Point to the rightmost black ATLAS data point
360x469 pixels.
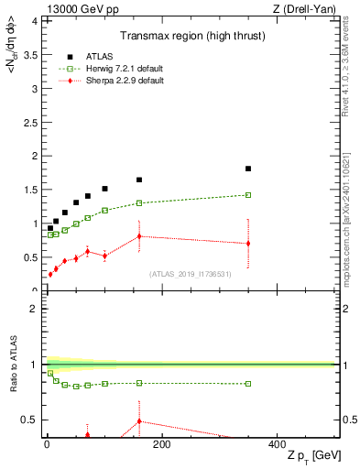[x=248, y=169]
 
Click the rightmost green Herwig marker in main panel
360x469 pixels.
[x=248, y=194]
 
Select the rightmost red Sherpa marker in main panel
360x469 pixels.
[x=248, y=243]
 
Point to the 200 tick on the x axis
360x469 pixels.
[x=161, y=444]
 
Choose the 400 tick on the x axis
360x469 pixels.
[x=277, y=444]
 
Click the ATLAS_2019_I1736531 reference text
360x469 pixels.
[x=191, y=273]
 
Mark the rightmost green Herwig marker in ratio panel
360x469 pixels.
[x=248, y=384]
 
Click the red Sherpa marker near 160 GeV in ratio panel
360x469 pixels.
[x=139, y=421]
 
